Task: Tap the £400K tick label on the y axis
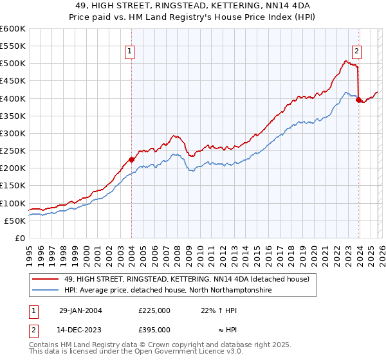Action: tap(13, 98)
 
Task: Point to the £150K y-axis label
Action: tap(13, 186)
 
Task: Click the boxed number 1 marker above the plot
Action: tap(130, 52)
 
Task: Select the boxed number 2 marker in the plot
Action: tap(356, 52)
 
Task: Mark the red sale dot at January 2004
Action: tap(132, 159)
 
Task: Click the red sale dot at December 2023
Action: tap(358, 100)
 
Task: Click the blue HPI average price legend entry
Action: tap(169, 291)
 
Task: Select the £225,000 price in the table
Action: tap(154, 310)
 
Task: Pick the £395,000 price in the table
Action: tap(154, 330)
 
